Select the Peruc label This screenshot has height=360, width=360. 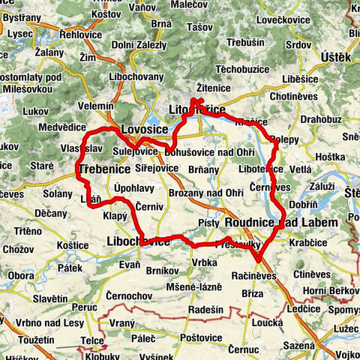click(85, 307)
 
